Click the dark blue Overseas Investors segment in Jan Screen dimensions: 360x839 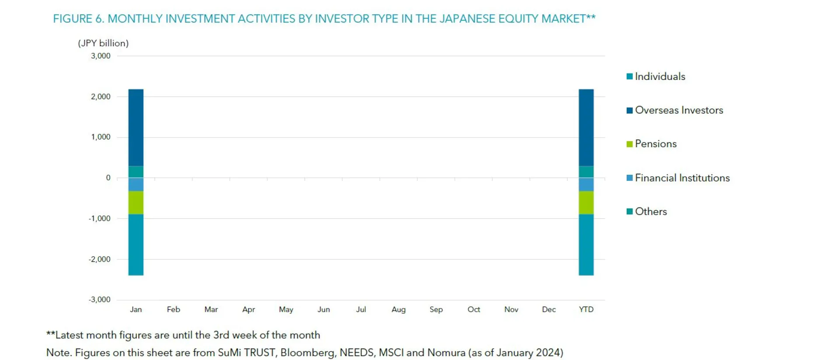[x=136, y=128]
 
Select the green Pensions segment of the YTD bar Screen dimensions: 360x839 [x=586, y=203]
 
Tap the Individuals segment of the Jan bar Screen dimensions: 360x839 [x=136, y=245]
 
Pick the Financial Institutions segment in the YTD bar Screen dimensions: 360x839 [x=586, y=184]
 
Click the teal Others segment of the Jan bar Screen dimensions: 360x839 [x=136, y=172]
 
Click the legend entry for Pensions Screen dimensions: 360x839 [x=655, y=144]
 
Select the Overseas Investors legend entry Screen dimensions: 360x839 [x=678, y=110]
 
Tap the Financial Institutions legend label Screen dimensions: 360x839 [x=682, y=178]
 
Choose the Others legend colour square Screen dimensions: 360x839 [x=629, y=211]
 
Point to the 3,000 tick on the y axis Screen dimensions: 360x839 [x=101, y=56]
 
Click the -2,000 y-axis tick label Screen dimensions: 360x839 [x=100, y=259]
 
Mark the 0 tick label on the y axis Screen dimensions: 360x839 [x=108, y=178]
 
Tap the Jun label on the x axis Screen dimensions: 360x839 [x=323, y=309]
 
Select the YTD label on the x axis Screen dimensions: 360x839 [x=586, y=309]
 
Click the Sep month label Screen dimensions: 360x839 [x=436, y=309]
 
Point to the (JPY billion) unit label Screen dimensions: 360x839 [x=103, y=43]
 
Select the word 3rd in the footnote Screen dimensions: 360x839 [x=221, y=335]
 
